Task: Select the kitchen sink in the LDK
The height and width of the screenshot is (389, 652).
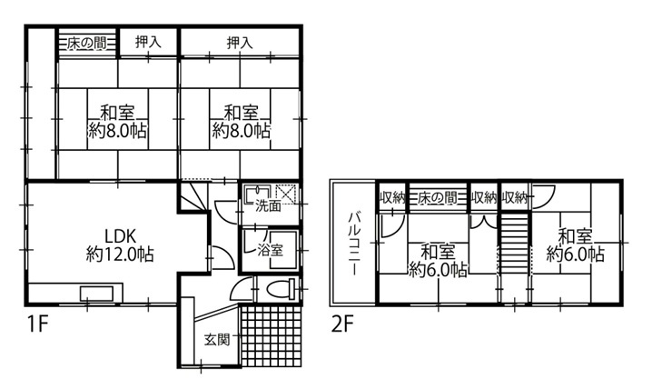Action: (95, 294)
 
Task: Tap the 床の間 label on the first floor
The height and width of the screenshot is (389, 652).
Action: (87, 42)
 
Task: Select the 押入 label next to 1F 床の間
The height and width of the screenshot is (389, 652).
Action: (148, 42)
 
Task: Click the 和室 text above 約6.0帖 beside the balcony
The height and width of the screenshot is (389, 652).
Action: (438, 250)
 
